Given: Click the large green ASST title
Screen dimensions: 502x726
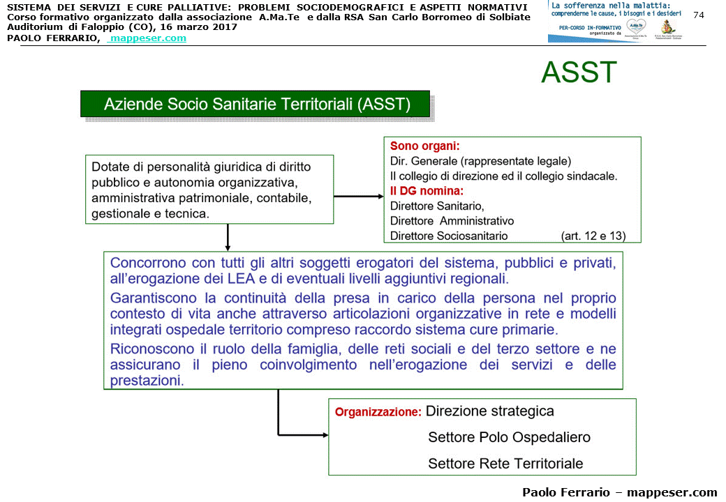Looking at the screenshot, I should pyautogui.click(x=579, y=73).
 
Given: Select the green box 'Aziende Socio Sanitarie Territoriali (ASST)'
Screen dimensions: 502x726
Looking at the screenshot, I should pyautogui.click(x=256, y=105).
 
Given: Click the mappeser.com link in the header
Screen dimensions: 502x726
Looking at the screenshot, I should pyautogui.click(x=148, y=38).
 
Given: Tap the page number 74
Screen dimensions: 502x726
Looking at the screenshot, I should pyautogui.click(x=699, y=15).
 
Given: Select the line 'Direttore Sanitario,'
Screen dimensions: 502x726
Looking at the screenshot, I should pyautogui.click(x=437, y=206).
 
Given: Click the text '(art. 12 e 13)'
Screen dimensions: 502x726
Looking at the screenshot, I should pyautogui.click(x=593, y=236).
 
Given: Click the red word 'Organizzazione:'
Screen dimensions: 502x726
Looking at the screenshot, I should pyautogui.click(x=378, y=412).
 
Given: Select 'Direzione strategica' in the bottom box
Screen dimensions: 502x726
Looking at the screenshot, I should pyautogui.click(x=489, y=411).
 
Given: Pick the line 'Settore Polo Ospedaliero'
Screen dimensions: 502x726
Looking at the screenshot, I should pyautogui.click(x=509, y=437).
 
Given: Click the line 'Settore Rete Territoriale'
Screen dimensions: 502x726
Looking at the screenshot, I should pyautogui.click(x=505, y=464).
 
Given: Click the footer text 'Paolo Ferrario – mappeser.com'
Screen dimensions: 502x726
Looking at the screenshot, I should pyautogui.click(x=619, y=492).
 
